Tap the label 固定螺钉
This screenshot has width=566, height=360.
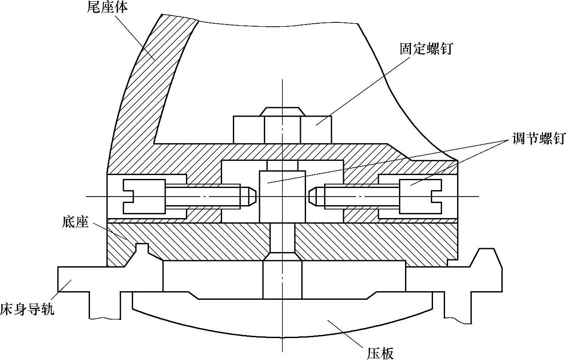pos(426,49)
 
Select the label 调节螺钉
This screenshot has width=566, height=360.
pos(538,139)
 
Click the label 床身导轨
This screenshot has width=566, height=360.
pos(27,309)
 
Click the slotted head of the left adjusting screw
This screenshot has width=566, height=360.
pos(144,197)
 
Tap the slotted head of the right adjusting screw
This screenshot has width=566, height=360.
pos(421,197)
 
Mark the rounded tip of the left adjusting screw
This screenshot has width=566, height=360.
pos(249,197)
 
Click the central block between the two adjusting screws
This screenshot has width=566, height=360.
pos(282,197)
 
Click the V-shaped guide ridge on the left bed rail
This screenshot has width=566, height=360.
pos(142,249)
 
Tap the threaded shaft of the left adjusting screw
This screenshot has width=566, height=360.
pos(202,197)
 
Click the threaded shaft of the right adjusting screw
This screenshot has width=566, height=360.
pos(362,197)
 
